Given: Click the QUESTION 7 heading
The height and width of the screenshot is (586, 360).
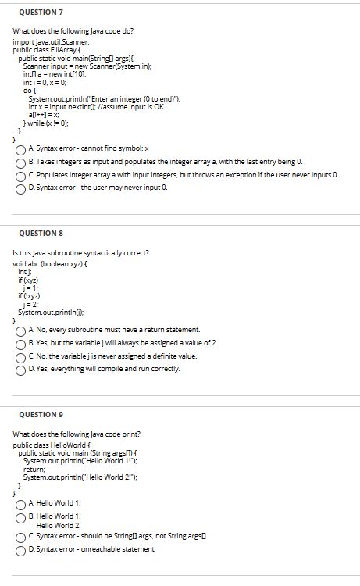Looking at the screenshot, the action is pyautogui.click(x=36, y=13).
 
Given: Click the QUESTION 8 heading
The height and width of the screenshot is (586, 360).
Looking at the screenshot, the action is pyautogui.click(x=36, y=234).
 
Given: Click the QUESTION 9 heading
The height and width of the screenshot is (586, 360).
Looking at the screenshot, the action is pyautogui.click(x=36, y=414).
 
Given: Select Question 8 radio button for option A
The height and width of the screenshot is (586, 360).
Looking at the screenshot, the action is pyautogui.click(x=19, y=330).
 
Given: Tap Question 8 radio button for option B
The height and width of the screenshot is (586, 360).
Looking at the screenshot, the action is pyautogui.click(x=19, y=343).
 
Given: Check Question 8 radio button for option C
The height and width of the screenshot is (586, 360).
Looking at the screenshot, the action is pyautogui.click(x=19, y=356).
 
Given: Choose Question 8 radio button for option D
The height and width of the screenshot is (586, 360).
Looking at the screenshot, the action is pyautogui.click(x=19, y=370).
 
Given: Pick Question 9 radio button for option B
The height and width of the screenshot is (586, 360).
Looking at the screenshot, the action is pyautogui.click(x=19, y=516).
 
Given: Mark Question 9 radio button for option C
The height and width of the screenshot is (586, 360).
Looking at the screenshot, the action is pyautogui.click(x=19, y=537).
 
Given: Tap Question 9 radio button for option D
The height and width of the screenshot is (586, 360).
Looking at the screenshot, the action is pyautogui.click(x=19, y=549).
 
